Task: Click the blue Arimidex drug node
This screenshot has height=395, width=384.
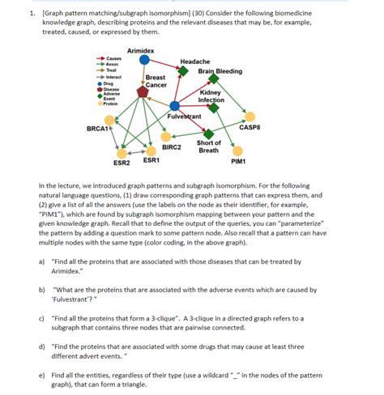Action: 144,59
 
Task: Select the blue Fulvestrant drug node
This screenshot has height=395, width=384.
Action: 175,106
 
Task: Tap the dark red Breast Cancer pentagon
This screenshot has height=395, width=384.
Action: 143,91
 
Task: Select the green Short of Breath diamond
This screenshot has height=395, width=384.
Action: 209,134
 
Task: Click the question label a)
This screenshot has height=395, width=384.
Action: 41,261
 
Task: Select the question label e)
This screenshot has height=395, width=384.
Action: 41,376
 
